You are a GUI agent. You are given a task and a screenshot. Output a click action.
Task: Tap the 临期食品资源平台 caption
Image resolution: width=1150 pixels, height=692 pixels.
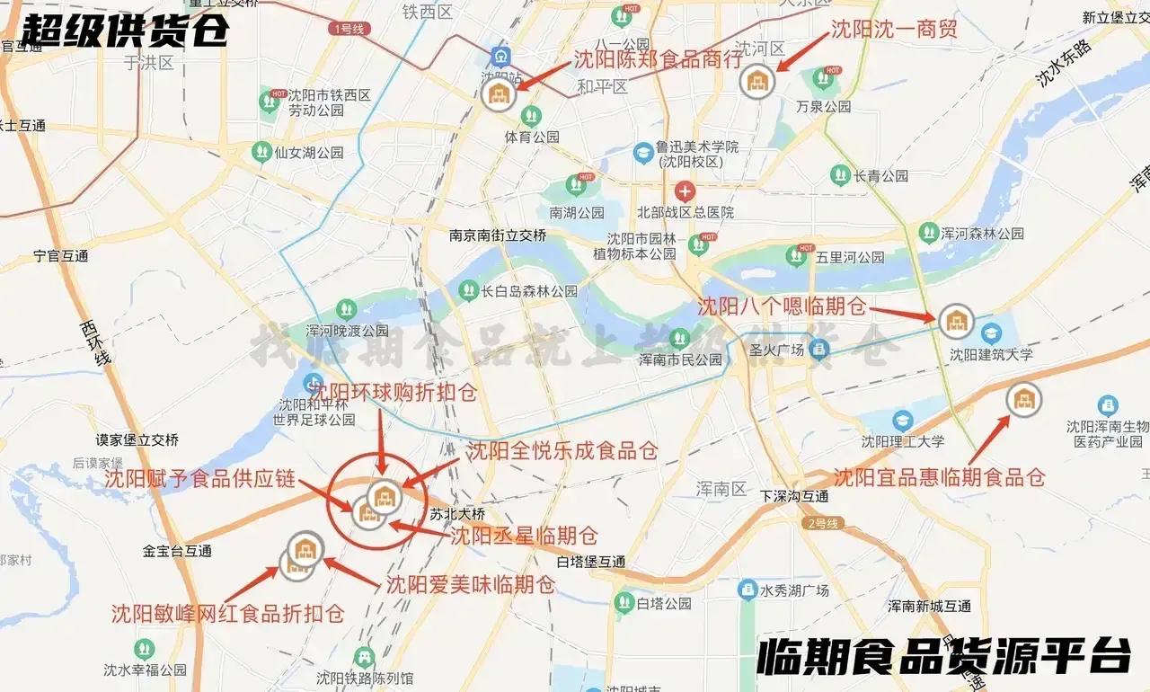[943, 657]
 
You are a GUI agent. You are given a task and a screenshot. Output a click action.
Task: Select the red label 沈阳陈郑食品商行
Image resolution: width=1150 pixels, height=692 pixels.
[659, 59]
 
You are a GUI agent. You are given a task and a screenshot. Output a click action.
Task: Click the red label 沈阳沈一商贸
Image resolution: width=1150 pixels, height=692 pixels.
[893, 29]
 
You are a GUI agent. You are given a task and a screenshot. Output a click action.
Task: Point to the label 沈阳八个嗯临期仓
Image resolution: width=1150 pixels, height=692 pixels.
[783, 306]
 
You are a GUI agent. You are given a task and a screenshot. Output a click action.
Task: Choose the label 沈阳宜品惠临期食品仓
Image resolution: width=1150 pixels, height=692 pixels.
[939, 477]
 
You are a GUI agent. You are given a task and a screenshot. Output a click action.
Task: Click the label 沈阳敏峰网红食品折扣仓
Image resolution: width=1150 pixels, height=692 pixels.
[228, 613]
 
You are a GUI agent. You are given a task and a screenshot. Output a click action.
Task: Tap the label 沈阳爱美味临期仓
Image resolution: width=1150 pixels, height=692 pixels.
[470, 584]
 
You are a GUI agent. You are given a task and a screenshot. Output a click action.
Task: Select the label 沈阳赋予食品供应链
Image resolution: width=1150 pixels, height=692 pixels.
[199, 479]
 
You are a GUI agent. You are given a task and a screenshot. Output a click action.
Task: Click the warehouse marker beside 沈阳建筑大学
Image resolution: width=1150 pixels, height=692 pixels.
[956, 320]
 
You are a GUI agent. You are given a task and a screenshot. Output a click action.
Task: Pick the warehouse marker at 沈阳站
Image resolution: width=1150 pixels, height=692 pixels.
[498, 94]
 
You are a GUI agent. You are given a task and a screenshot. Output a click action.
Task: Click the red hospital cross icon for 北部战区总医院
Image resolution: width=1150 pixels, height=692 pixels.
[685, 191]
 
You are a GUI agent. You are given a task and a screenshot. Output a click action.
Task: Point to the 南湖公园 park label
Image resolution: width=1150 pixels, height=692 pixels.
[577, 213]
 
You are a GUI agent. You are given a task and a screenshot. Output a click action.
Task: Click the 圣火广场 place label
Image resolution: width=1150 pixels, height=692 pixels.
[776, 350]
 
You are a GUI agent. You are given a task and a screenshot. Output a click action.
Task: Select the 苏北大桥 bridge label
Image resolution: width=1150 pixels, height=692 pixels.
[457, 514]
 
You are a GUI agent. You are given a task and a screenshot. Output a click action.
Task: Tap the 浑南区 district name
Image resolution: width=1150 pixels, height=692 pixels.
[721, 489]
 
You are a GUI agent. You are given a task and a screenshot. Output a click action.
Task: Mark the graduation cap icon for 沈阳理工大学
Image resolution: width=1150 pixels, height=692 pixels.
[902, 421]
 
